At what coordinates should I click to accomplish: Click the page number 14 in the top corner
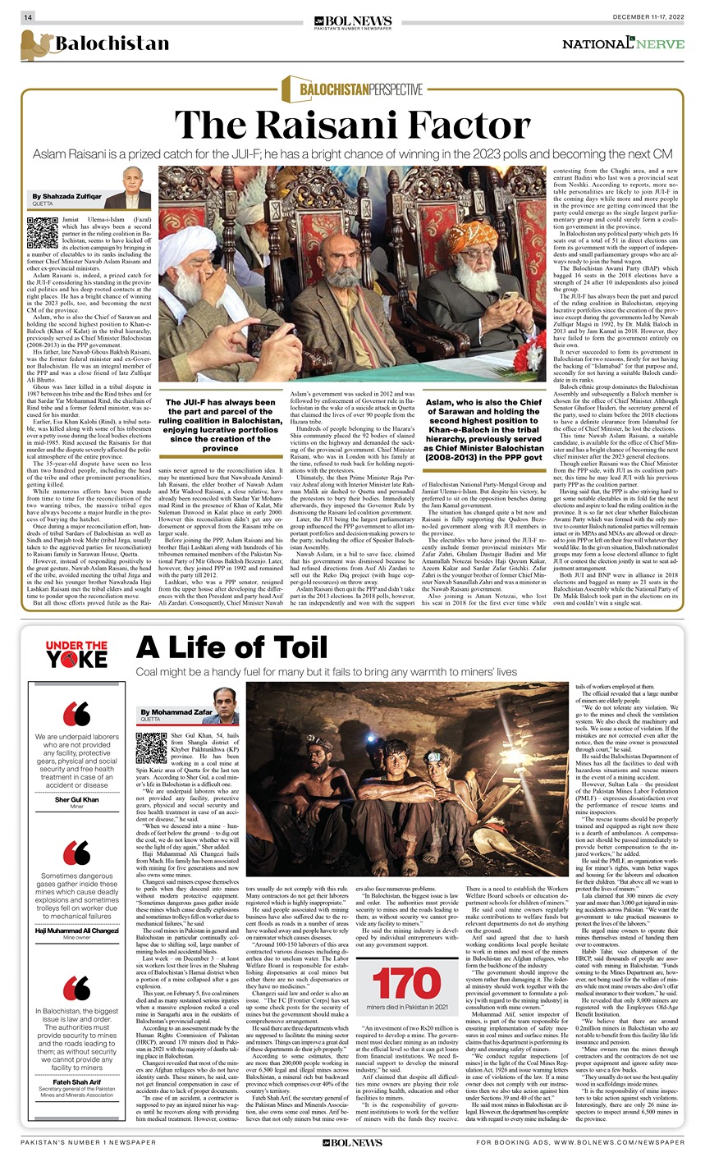(27, 18)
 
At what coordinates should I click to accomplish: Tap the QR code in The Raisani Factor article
(43, 233)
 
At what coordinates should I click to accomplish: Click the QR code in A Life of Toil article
(151, 748)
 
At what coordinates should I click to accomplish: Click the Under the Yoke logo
(76, 654)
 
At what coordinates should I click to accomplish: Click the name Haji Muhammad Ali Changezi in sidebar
(76, 930)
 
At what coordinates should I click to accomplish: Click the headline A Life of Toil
(231, 649)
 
